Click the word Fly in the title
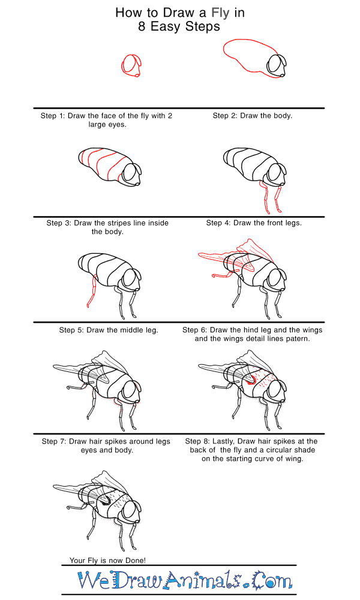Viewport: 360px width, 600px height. tap(220, 13)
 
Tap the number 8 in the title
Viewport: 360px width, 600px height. tap(142, 26)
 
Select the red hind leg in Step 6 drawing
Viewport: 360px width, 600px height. tap(226, 274)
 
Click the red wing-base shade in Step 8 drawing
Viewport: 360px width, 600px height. tap(251, 380)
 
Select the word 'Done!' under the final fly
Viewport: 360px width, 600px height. tap(136, 560)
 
